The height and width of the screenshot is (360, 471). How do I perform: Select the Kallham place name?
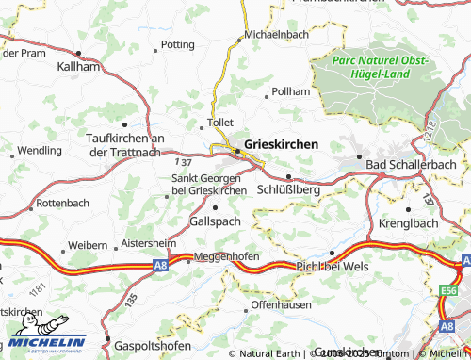(78, 68)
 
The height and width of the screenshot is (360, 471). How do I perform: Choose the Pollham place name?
(290, 91)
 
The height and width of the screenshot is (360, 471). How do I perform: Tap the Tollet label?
(219, 123)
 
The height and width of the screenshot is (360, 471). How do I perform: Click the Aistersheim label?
(149, 242)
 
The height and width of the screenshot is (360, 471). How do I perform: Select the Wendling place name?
(40, 150)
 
